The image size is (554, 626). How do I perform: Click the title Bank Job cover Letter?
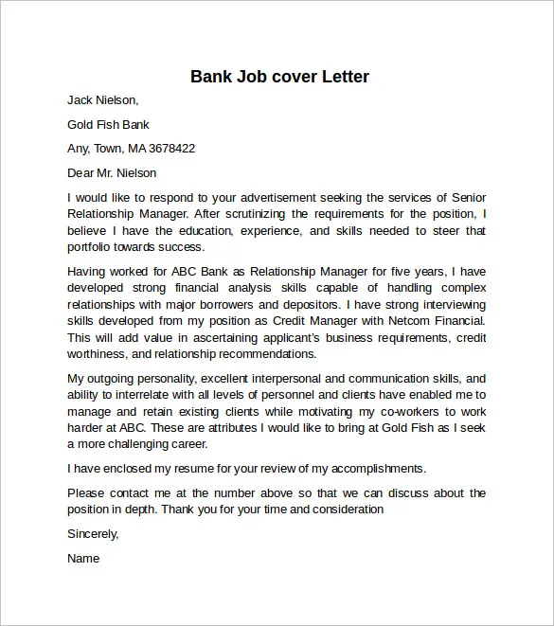click(x=279, y=76)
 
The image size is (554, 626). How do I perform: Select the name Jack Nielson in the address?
click(x=102, y=99)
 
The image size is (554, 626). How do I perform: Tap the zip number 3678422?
click(x=166, y=149)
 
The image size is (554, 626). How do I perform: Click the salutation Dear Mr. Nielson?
click(x=112, y=173)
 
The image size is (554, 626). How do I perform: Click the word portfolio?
click(x=92, y=247)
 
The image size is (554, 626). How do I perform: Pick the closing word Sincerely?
click(x=93, y=534)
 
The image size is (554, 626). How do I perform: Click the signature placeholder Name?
click(x=83, y=559)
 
